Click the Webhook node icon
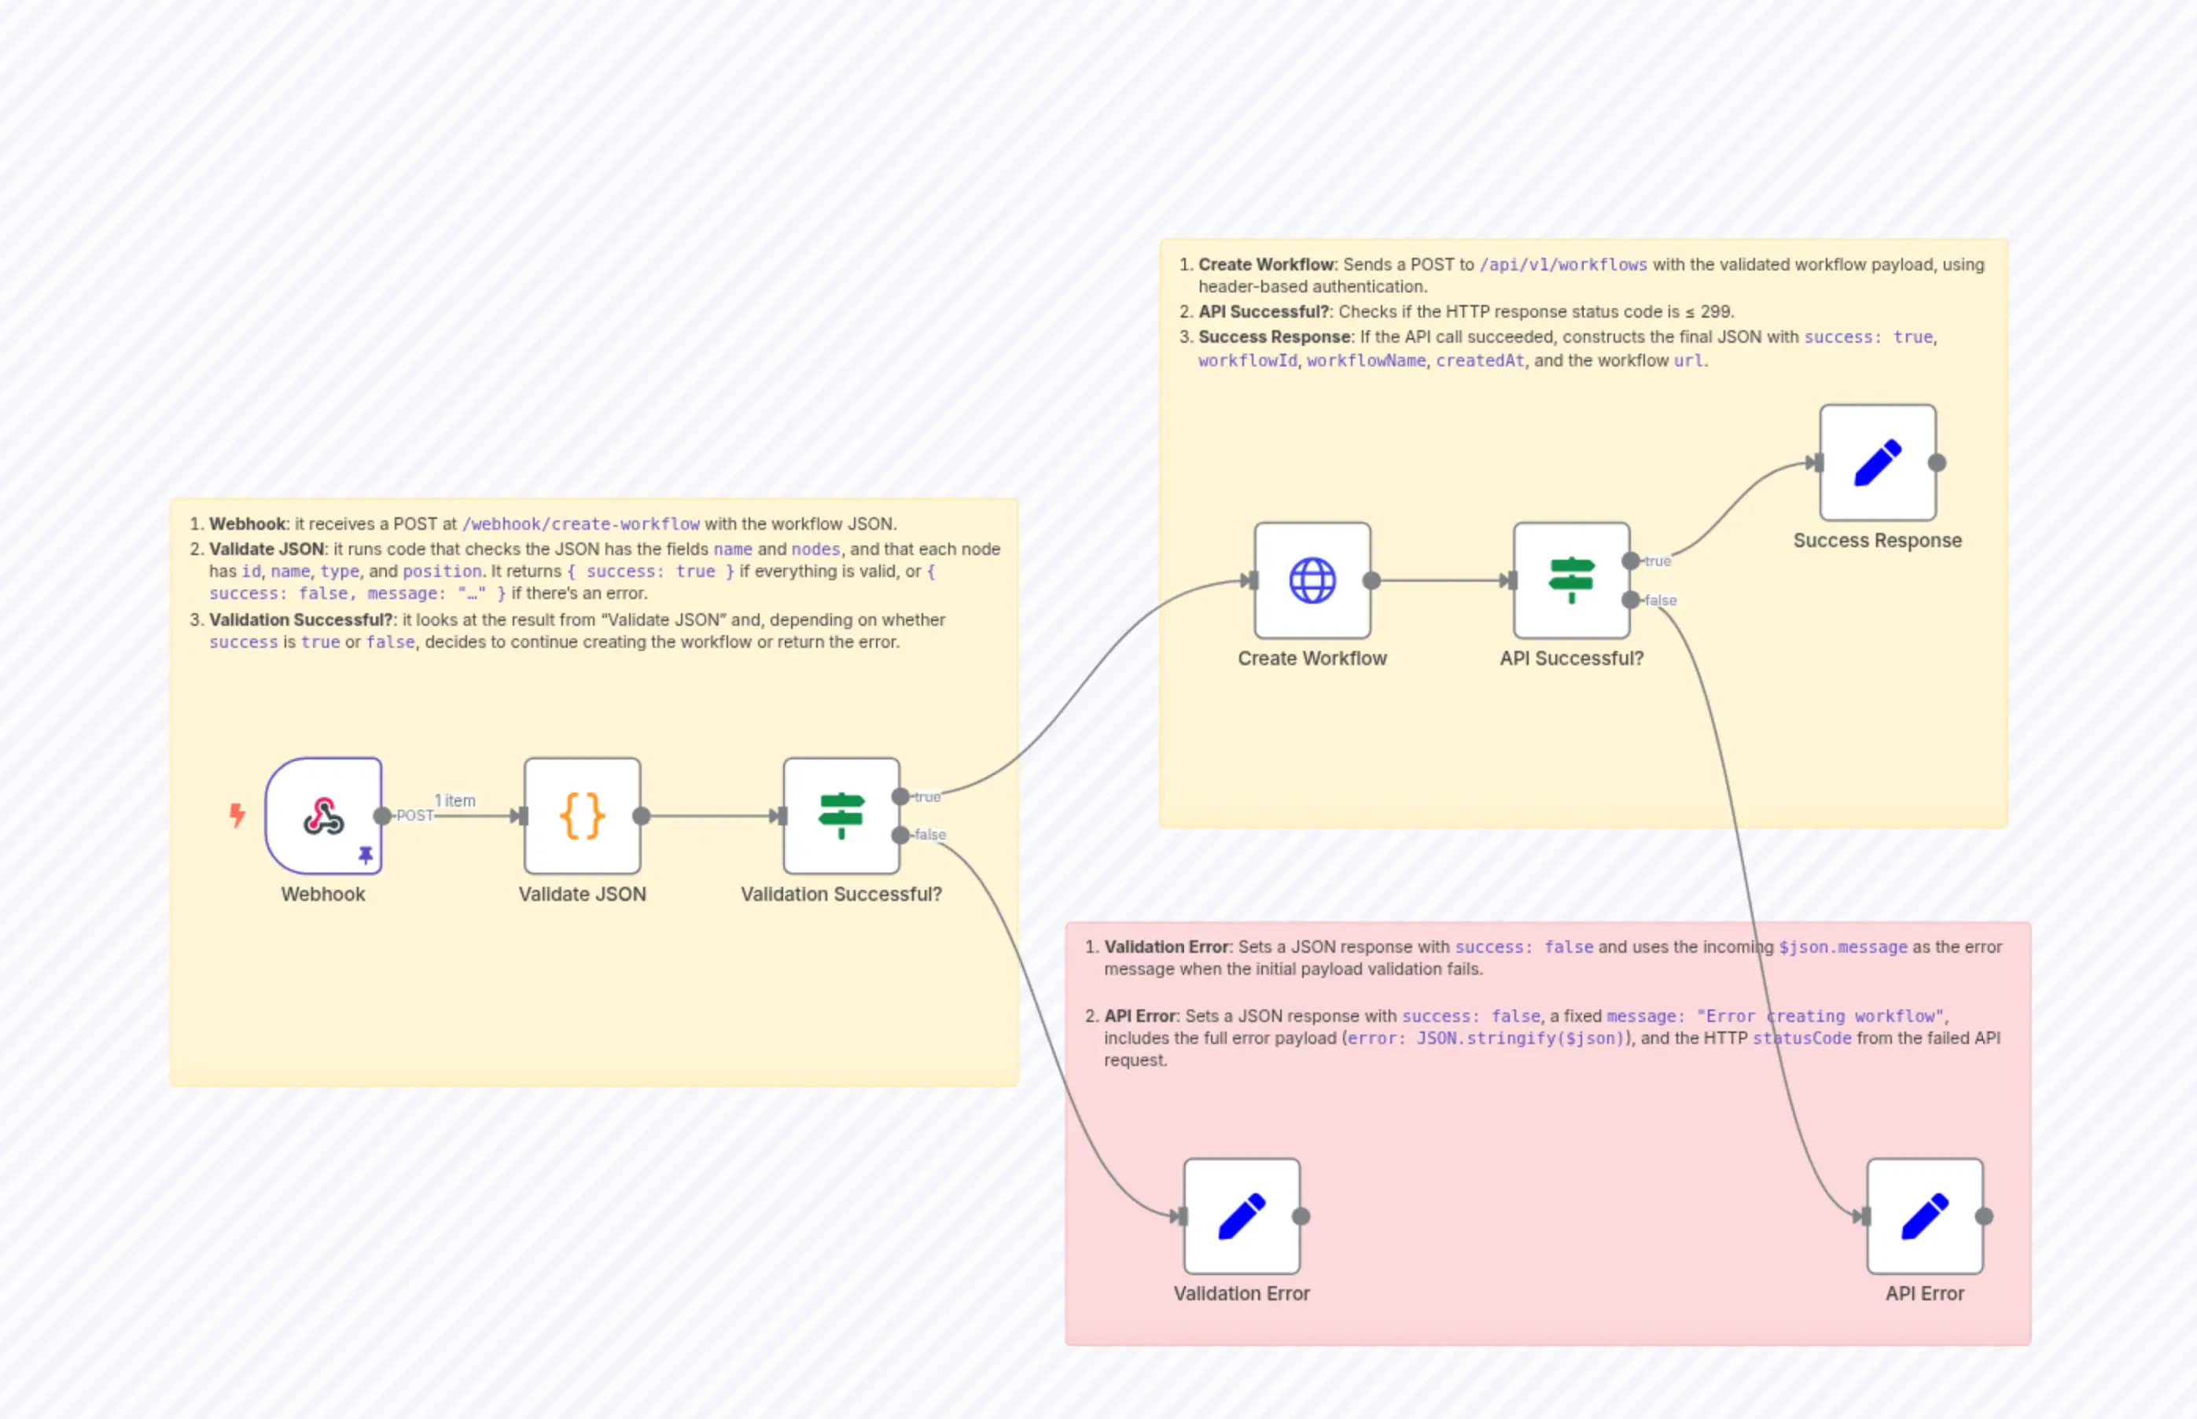pos(323,815)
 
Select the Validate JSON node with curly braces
pos(583,815)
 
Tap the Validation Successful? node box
pos(841,815)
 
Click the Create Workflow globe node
pos(1312,580)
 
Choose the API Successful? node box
pos(1571,580)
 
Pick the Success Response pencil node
pos(1877,462)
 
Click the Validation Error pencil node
pos(1242,1216)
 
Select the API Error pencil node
pos(1924,1216)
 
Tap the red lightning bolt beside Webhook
pos(237,814)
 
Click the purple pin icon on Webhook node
pos(366,855)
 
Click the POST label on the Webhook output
pos(414,815)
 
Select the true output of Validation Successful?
pos(901,796)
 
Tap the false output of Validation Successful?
pos(901,835)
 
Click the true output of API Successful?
pos(1631,561)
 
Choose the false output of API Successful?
pos(1631,600)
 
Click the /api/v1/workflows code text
pos(1563,264)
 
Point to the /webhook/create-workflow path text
pos(580,524)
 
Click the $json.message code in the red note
pos(1843,947)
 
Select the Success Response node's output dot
pos(1938,462)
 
